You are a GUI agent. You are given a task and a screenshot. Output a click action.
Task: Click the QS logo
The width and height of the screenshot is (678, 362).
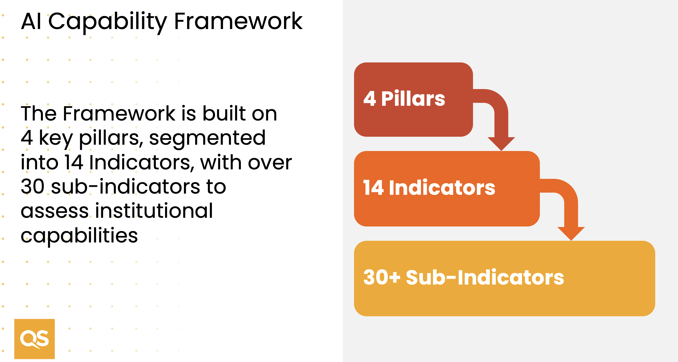(34, 339)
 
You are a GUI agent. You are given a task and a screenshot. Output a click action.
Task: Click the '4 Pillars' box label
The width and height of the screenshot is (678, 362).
(404, 98)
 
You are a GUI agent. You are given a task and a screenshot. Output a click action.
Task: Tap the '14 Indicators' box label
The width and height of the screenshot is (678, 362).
(429, 188)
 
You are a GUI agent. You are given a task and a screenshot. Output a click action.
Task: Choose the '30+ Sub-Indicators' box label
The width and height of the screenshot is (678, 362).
(464, 277)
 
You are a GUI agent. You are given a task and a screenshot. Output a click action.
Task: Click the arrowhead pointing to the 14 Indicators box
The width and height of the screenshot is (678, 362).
(501, 144)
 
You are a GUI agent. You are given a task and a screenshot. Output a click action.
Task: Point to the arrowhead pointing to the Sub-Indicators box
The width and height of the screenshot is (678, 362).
(571, 234)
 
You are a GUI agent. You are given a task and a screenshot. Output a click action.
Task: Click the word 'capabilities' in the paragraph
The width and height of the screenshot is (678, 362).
(79, 236)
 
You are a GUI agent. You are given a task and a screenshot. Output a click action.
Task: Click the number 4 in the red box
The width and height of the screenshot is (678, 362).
(370, 98)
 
